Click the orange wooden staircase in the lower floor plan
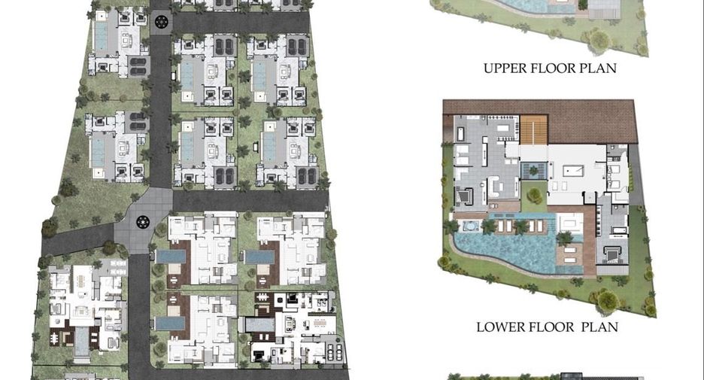click(x=534, y=130)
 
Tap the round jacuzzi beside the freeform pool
click(x=469, y=226)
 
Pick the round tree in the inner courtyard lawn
click(x=534, y=196)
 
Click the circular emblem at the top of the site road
click(x=161, y=21)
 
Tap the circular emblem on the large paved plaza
click(x=143, y=221)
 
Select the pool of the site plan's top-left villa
click(x=101, y=36)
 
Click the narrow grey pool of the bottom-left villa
click(x=81, y=342)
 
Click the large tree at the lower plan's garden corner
click(x=608, y=301)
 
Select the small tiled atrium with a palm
click(x=534, y=171)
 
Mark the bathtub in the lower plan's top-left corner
click(x=460, y=134)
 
